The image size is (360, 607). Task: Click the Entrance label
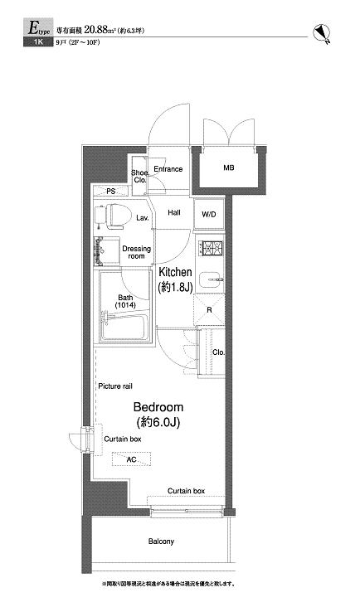[x=168, y=169]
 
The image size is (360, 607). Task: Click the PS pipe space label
[x=111, y=192]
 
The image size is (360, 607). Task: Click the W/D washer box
[x=208, y=214]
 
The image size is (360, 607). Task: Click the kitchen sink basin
[x=210, y=279]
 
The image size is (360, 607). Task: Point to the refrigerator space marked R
[x=208, y=310]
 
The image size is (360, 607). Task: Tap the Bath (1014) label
[x=125, y=301]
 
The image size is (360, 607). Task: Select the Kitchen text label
[x=175, y=273]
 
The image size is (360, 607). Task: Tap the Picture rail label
[x=115, y=386]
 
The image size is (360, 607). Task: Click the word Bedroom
[x=158, y=408]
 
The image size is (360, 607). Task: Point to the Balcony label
[x=161, y=541]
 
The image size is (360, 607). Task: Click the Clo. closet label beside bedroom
[x=217, y=352]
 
